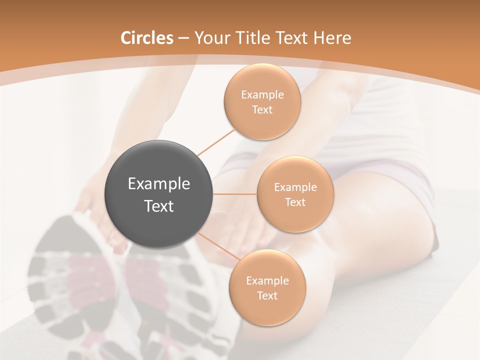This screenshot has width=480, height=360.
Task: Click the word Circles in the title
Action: (x=147, y=38)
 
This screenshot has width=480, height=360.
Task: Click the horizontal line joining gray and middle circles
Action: (x=235, y=194)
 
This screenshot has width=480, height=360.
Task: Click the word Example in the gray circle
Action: (x=159, y=184)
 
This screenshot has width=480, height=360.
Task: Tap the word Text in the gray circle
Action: (x=159, y=206)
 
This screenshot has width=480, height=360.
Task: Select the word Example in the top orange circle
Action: (x=262, y=95)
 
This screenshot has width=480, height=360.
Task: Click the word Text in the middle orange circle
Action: (x=295, y=202)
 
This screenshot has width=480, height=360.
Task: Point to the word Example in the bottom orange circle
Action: (x=267, y=280)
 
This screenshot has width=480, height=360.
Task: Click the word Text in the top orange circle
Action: (x=262, y=109)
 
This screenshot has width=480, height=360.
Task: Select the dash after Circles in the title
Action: (x=183, y=38)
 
